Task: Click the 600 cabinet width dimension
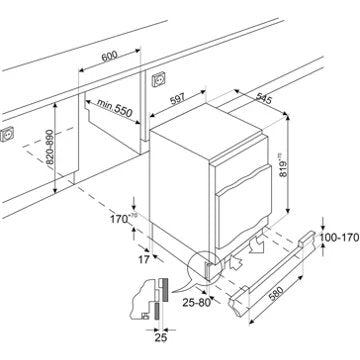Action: (x=110, y=56)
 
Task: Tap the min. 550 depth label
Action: (x=115, y=107)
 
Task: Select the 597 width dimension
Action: (x=177, y=99)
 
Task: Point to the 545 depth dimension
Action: (x=264, y=98)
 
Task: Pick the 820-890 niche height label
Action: (x=49, y=147)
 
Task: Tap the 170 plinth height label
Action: (x=121, y=219)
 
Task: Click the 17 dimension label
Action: (x=144, y=259)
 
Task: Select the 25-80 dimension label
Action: (x=197, y=303)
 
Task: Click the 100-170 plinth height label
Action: (x=340, y=237)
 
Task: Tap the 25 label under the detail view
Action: (x=160, y=338)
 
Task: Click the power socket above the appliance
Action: (x=158, y=79)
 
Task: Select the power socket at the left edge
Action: (x=7, y=134)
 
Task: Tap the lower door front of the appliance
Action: (x=244, y=207)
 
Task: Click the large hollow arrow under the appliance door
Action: (x=256, y=246)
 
